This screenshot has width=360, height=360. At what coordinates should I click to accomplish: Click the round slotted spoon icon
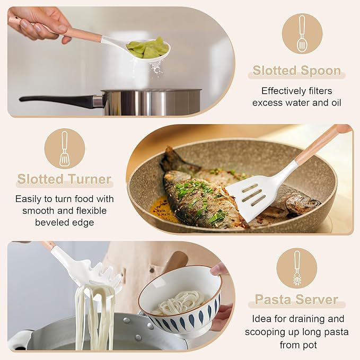click(302, 33)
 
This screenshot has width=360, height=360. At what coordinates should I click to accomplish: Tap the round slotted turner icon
click(64, 148)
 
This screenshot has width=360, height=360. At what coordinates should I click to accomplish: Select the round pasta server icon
click(297, 268)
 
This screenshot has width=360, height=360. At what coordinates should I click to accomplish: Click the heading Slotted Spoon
click(296, 71)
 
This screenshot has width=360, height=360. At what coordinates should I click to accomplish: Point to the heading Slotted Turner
click(64, 179)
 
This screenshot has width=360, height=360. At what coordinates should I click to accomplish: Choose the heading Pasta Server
click(296, 300)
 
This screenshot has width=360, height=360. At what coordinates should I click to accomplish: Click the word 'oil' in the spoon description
click(333, 102)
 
